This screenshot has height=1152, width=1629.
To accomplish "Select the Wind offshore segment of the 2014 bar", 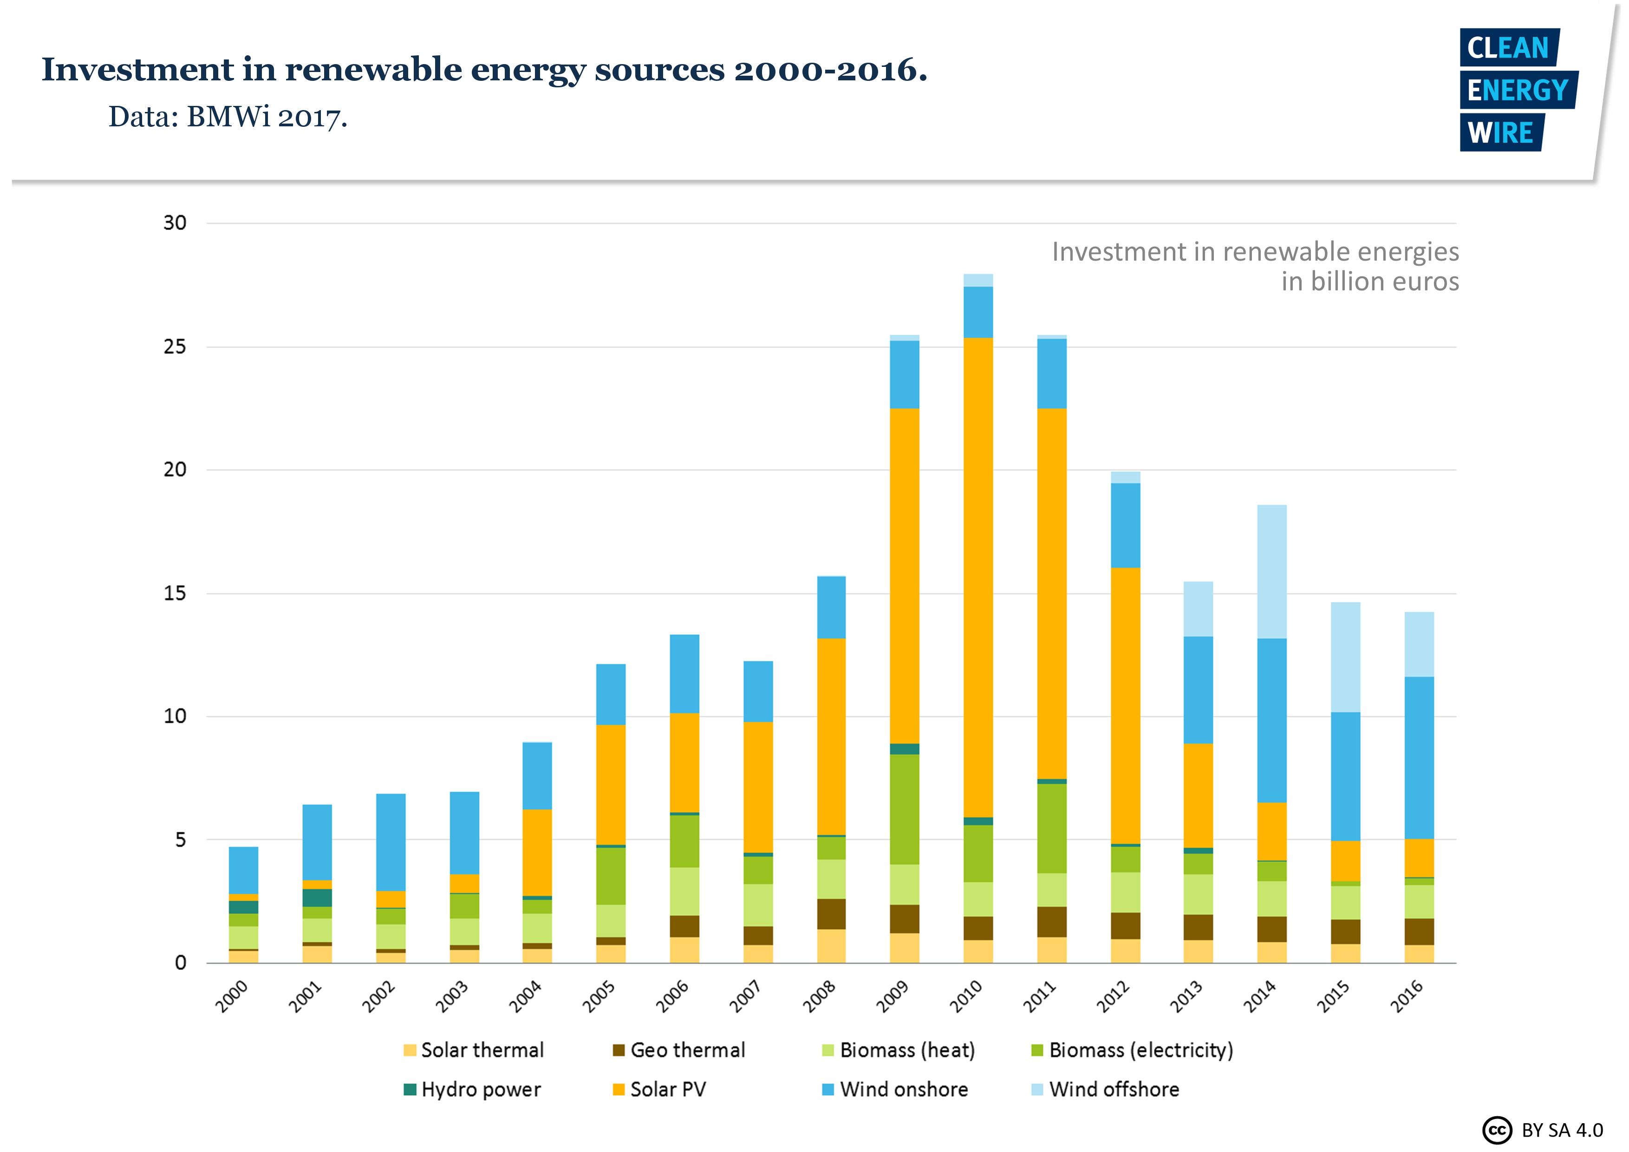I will [x=1271, y=571].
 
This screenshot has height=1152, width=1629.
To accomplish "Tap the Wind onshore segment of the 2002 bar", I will [x=390, y=842].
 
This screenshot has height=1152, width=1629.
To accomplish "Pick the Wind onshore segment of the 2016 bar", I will [x=1419, y=757].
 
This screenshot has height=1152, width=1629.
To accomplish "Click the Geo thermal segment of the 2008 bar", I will [x=831, y=914].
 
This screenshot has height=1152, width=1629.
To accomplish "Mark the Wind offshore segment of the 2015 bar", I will [x=1345, y=656].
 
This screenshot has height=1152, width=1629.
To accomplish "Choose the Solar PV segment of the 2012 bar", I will [x=1125, y=706].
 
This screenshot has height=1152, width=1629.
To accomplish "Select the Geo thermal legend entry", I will [x=679, y=1050].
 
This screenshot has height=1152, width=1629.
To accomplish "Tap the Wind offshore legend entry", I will [x=1105, y=1089].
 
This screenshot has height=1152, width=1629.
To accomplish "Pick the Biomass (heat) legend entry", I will [x=898, y=1050].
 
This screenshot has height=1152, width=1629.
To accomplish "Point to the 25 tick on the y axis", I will [x=175, y=347].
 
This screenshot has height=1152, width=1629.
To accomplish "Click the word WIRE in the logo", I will [x=1500, y=133].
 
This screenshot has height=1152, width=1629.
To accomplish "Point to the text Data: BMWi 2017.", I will [x=228, y=117].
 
